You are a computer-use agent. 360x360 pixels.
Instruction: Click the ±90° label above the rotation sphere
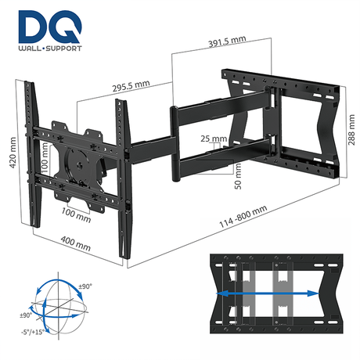[x=85, y=287]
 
